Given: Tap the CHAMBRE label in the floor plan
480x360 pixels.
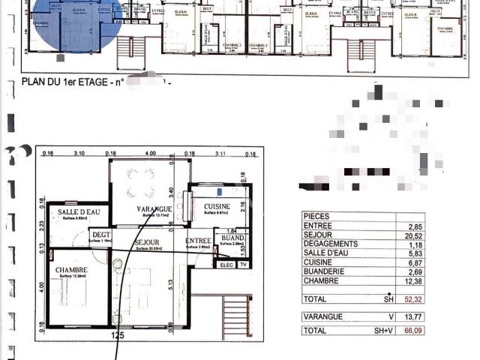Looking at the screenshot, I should [x=71, y=270].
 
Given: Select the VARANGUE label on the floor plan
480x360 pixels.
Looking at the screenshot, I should [x=154, y=208].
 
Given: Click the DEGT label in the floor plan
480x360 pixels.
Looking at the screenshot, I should [x=101, y=235].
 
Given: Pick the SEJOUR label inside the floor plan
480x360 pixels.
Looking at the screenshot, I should [x=146, y=242].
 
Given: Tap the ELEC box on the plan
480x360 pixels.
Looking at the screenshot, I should [x=225, y=265].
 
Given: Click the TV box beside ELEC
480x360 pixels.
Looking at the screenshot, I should [x=242, y=265].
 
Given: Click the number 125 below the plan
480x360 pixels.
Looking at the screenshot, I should [x=117, y=335].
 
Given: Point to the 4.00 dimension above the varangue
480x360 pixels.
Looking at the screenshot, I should [x=150, y=153].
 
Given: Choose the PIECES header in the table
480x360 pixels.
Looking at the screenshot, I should [x=317, y=216].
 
